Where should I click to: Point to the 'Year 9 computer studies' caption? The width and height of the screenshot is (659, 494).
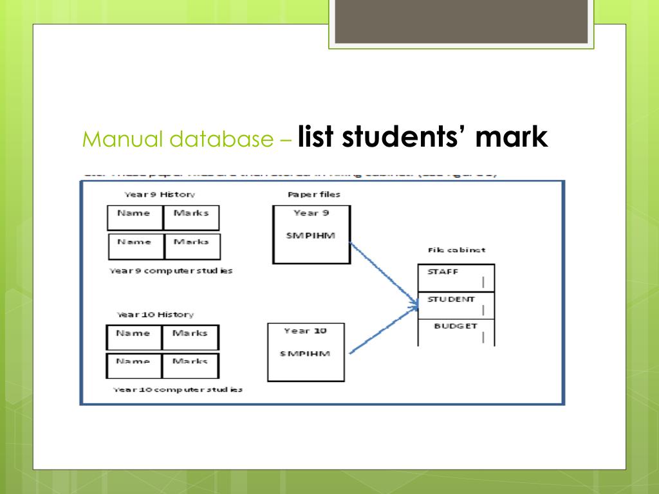click(x=171, y=271)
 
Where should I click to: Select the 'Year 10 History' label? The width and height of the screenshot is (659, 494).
click(x=154, y=315)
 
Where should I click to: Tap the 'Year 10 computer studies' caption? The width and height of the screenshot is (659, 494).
click(x=178, y=390)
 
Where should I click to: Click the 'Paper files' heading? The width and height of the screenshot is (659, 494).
click(x=313, y=194)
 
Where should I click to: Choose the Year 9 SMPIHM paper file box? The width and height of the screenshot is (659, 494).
click(x=311, y=234)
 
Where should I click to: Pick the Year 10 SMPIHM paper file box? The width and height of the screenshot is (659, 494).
click(x=306, y=352)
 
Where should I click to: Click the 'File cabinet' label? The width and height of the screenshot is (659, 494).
click(x=456, y=250)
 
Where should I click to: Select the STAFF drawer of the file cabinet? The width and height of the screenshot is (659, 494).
click(x=456, y=277)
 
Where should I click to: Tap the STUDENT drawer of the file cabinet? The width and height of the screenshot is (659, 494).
click(x=456, y=305)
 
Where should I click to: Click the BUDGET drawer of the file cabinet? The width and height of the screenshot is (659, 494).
click(x=456, y=332)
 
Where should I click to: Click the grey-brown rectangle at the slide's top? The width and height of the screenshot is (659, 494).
click(x=461, y=21)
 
